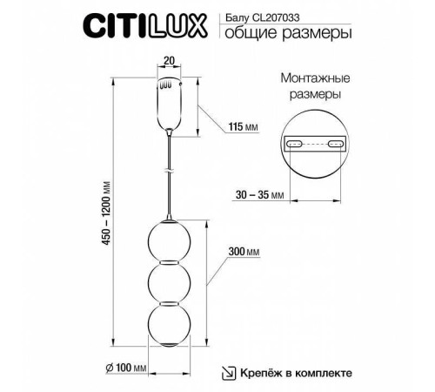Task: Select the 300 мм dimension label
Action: (x=245, y=252)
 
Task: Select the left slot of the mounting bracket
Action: (x=295, y=144)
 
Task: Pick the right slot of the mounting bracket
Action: (x=336, y=144)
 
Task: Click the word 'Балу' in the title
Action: (x=237, y=16)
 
